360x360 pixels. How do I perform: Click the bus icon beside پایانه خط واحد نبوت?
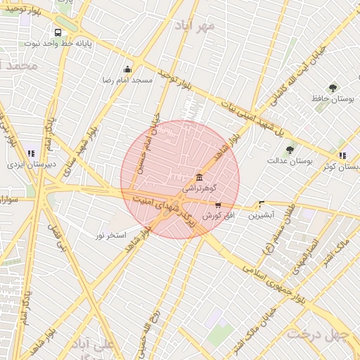click(x=57, y=32)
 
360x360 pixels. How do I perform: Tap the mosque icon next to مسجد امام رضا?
click(x=127, y=69)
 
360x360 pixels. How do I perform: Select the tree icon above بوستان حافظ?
click(x=333, y=88)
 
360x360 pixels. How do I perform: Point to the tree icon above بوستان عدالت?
click(x=289, y=150)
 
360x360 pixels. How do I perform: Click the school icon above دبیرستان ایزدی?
click(x=31, y=153)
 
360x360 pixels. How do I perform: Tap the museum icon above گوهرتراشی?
click(x=200, y=176)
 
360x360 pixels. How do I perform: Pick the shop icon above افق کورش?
click(x=218, y=205)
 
